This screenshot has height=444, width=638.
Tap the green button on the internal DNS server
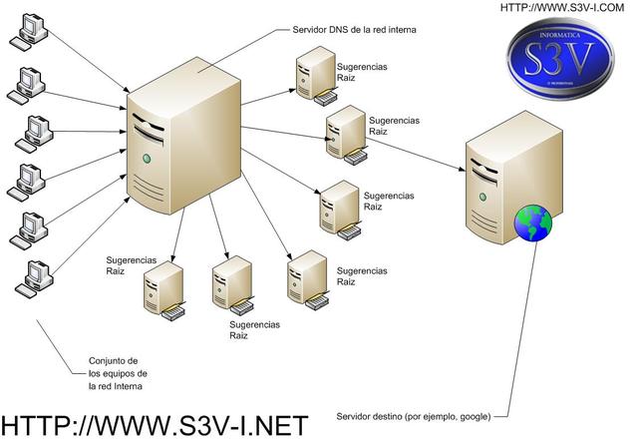[x=148, y=159]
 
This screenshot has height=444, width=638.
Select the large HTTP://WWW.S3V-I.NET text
[x=155, y=423]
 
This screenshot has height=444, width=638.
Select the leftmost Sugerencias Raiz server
[x=163, y=288]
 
